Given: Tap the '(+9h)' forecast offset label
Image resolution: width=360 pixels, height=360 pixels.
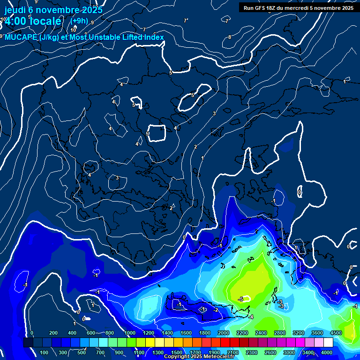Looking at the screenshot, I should click(79, 21).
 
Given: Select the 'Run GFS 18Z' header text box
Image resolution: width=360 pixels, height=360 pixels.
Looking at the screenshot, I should click(298, 8).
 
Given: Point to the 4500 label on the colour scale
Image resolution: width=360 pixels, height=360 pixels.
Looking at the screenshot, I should click(336, 333).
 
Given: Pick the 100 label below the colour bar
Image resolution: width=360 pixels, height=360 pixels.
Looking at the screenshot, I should click(45, 352).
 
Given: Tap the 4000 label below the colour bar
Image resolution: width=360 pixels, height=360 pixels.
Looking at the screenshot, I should click(327, 352).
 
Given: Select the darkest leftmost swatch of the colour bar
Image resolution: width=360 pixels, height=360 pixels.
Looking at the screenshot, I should click(28, 343).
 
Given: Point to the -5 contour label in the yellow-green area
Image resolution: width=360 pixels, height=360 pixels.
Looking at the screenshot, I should click(240, 299).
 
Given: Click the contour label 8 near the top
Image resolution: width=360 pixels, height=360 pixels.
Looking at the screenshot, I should click(230, 37).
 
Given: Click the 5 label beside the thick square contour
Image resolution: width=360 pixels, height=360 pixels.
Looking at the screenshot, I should click(148, 134).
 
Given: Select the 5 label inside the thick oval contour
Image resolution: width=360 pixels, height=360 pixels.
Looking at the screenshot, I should click(192, 95).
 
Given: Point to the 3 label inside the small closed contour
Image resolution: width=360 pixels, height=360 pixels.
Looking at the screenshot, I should click(117, 178).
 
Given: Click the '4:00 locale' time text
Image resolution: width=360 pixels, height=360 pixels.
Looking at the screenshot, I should click(33, 22).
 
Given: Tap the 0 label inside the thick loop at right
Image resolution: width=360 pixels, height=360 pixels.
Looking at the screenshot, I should click(300, 192).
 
